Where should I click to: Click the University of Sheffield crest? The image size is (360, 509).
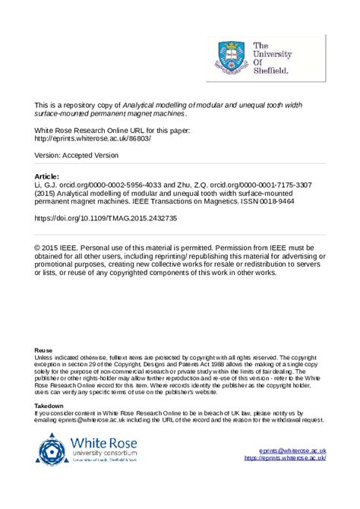(x=229, y=55)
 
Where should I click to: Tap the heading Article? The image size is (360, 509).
(x=48, y=175)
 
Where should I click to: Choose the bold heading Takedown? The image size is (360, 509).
(x=49, y=406)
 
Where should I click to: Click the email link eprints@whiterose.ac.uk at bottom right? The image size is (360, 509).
(x=292, y=451)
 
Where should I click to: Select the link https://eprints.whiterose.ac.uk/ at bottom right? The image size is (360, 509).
(x=285, y=458)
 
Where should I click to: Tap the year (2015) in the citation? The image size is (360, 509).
(x=46, y=193)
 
